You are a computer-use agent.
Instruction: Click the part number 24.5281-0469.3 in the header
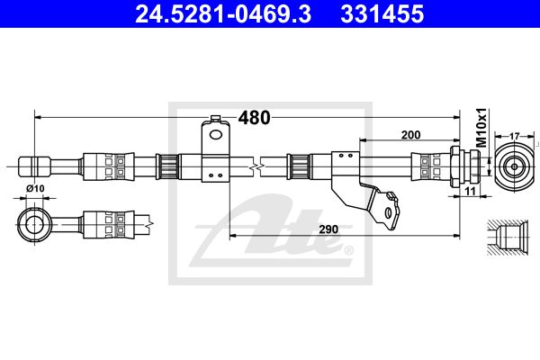(x=223, y=13)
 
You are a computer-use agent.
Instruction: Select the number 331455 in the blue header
(x=382, y=13)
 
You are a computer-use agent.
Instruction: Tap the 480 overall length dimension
(x=255, y=118)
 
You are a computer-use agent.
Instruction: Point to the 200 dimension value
(x=410, y=135)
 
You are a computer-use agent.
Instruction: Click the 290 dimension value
(x=328, y=229)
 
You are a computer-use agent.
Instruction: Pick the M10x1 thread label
(x=481, y=128)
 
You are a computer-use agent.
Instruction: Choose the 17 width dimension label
(x=514, y=137)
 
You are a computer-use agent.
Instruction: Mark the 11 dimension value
(x=470, y=191)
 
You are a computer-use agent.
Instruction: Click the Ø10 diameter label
(x=35, y=188)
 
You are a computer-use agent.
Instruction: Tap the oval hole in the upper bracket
(x=216, y=135)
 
